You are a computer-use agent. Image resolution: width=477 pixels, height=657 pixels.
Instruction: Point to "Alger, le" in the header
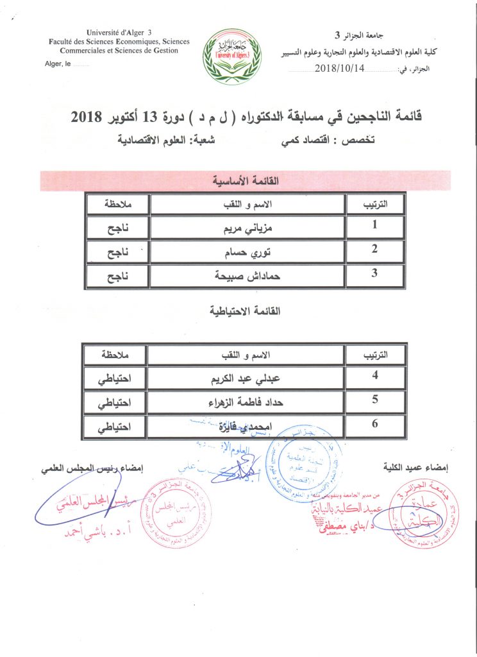click(x=58, y=64)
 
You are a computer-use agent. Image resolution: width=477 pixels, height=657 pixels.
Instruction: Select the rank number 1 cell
click(x=374, y=225)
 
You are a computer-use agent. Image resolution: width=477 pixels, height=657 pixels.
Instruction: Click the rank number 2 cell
click(x=374, y=250)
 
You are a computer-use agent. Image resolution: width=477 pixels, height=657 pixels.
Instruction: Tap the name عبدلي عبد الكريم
click(x=246, y=378)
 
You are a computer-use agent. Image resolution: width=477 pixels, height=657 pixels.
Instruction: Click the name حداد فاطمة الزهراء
click(x=246, y=403)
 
